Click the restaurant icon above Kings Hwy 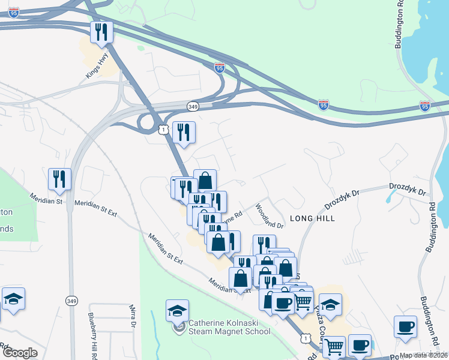click(101, 32)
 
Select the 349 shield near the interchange click(193, 106)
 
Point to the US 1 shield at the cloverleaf click(163, 130)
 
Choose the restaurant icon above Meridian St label click(60, 179)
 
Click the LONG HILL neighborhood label click(312, 218)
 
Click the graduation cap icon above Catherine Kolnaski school click(177, 310)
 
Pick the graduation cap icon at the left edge click(13, 298)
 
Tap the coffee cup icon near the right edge click(405, 326)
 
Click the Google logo click(20, 353)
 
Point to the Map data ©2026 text click(423, 355)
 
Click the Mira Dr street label click(133, 317)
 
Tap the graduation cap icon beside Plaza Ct click(330, 304)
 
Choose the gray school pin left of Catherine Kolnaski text click(179, 327)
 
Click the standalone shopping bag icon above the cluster click(205, 180)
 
